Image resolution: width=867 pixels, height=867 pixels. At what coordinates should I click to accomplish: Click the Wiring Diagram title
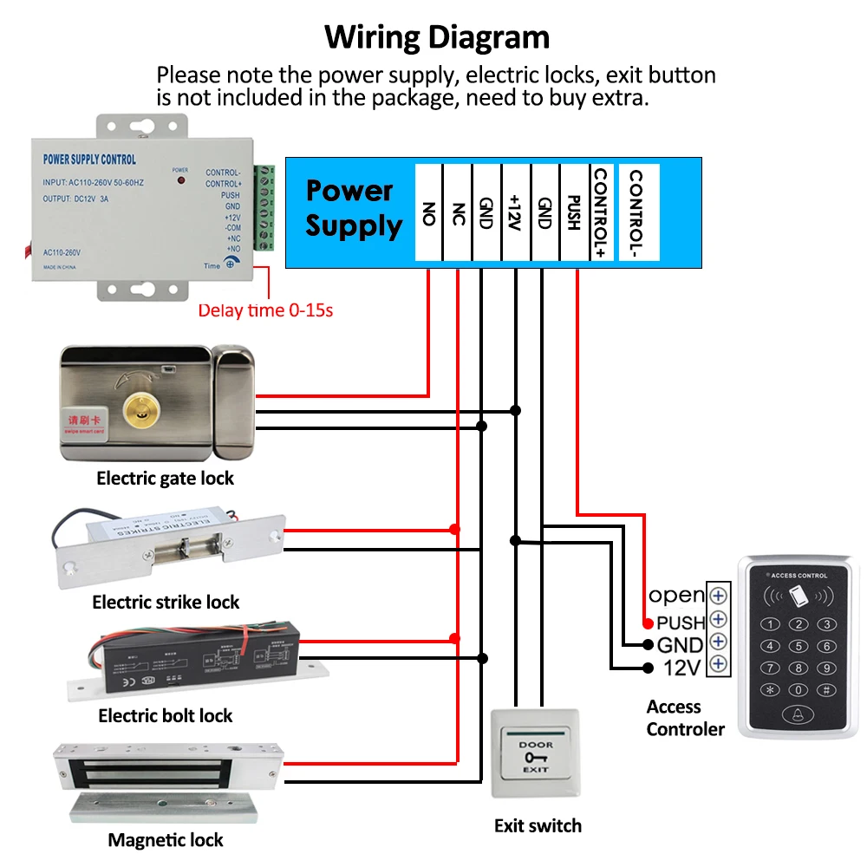coord(437,38)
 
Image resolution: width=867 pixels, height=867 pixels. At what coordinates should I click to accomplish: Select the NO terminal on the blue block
coord(428,212)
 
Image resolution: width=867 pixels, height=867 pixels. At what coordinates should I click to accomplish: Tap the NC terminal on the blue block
coord(459,212)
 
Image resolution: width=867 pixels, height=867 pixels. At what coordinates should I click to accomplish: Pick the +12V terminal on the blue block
coord(515,212)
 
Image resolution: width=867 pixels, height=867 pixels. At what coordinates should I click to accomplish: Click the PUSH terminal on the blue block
coord(573,212)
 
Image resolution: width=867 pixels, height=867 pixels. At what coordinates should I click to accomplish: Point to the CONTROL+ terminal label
coord(600,212)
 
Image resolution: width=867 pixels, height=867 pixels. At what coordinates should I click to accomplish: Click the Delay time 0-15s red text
coord(265,310)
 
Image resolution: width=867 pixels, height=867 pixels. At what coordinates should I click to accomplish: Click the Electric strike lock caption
coord(166,602)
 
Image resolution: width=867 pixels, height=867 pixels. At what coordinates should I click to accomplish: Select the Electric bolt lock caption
coord(166,715)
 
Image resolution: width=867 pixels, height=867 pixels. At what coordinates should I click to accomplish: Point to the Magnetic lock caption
coord(166,839)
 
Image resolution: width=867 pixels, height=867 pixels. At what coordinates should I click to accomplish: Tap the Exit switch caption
coord(538,825)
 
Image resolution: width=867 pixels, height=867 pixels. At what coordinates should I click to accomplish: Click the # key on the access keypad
coord(826,690)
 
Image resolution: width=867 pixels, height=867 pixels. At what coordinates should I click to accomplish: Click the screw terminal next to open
coord(717,596)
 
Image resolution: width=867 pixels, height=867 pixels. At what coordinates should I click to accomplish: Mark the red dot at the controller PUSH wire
coord(648,623)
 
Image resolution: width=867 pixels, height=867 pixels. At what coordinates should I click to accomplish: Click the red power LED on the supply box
coord(180,180)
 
